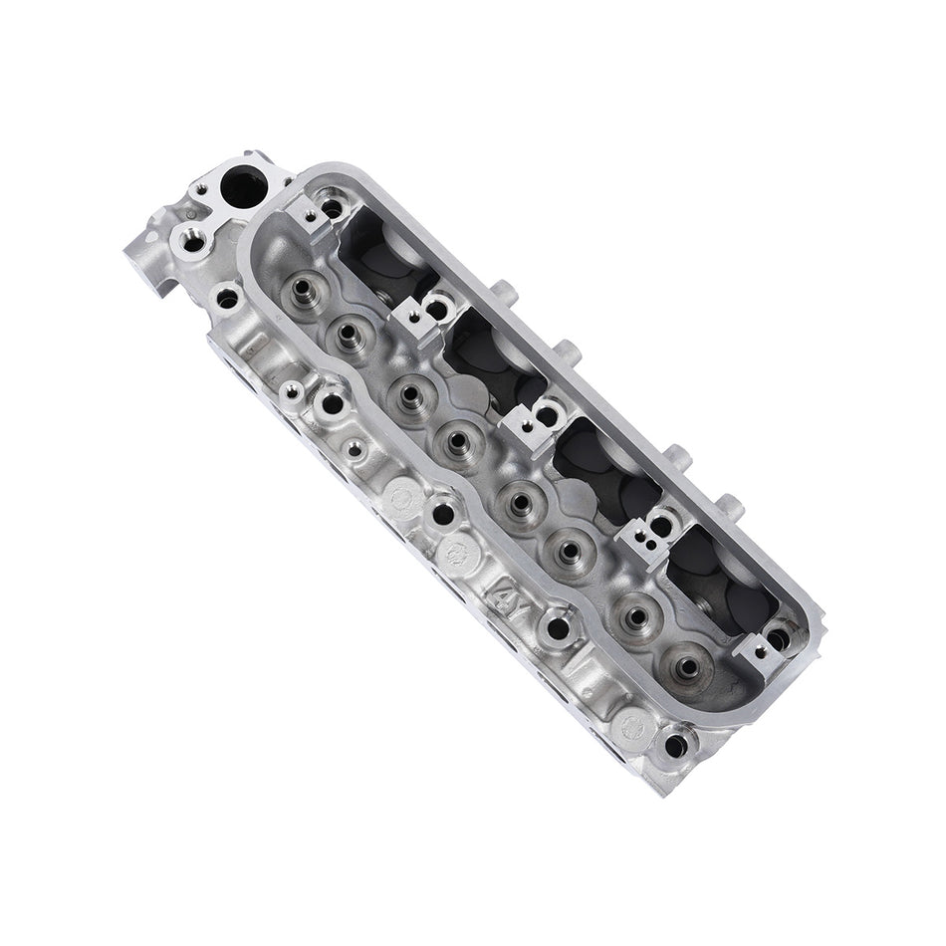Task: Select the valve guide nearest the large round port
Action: click(302, 290)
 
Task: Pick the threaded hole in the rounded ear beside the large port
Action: click(187, 241)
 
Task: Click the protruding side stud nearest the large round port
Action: click(503, 295)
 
